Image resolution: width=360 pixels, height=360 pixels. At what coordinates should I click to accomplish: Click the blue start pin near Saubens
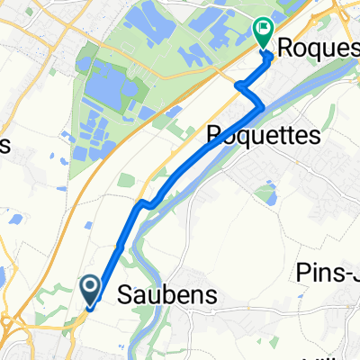92,289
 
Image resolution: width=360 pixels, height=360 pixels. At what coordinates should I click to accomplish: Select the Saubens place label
155,294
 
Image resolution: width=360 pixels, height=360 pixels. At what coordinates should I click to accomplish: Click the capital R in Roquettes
214,136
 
